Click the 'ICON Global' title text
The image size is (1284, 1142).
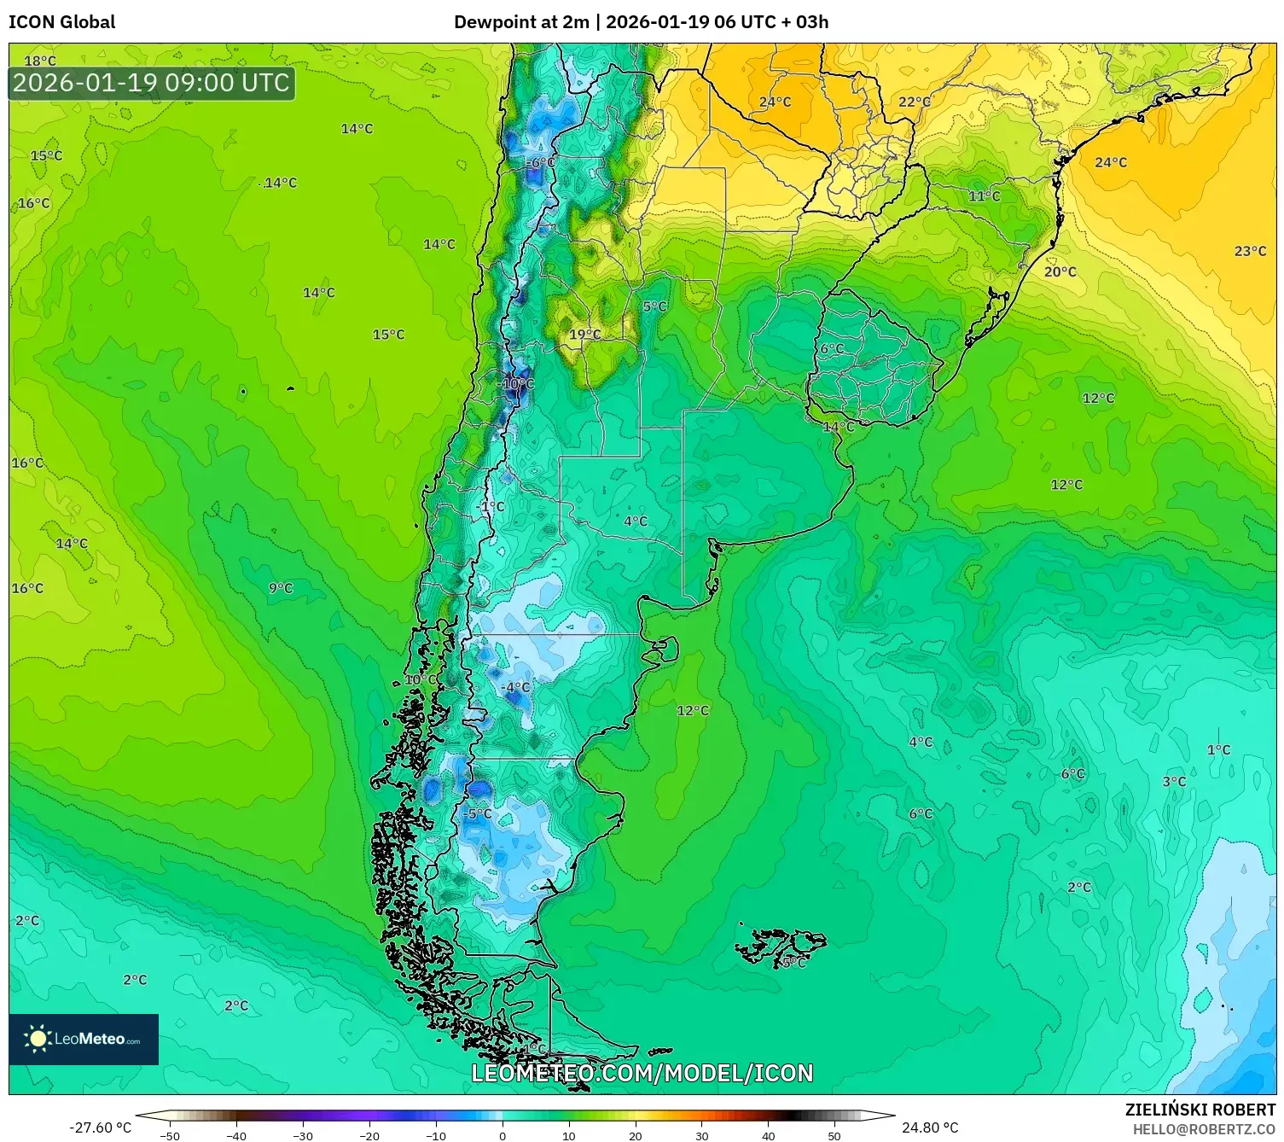[62, 22]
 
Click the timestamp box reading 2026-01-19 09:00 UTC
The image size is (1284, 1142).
[152, 83]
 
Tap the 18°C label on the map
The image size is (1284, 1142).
[40, 61]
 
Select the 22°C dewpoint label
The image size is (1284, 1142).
[915, 102]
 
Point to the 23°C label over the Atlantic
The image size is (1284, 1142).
[1250, 251]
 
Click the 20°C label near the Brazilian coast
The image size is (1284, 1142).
[1060, 271]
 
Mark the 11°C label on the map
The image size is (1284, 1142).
[984, 196]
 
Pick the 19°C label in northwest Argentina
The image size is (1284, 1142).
[585, 335]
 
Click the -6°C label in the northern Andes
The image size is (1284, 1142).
[539, 163]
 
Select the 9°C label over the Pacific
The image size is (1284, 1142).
[281, 588]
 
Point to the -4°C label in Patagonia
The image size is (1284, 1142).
[515, 687]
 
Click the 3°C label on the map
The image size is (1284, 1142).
[1174, 782]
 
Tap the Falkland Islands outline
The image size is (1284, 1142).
[781, 946]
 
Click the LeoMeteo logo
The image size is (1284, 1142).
[84, 1039]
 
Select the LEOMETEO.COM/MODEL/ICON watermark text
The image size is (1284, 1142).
[642, 1073]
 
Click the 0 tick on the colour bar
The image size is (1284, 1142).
[502, 1135]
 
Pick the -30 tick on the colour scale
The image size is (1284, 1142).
[303, 1135]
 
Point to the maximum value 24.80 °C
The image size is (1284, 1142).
[930, 1127]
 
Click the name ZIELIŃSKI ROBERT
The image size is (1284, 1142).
[1200, 1110]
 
